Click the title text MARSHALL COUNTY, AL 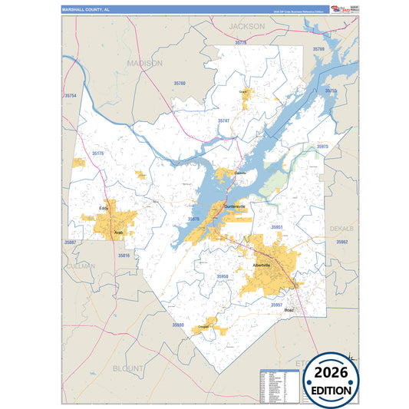tap(87, 9)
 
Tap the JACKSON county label tap(246, 26)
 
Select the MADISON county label tap(145, 63)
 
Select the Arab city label tap(118, 232)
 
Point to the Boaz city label tap(289, 310)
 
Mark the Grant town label tap(246, 91)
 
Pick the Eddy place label tap(104, 208)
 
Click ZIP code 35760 tap(180, 83)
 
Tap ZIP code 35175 tap(97, 153)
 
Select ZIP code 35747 tap(223, 120)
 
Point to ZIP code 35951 tap(277, 227)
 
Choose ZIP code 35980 tap(178, 325)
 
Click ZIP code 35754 tap(71, 95)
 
